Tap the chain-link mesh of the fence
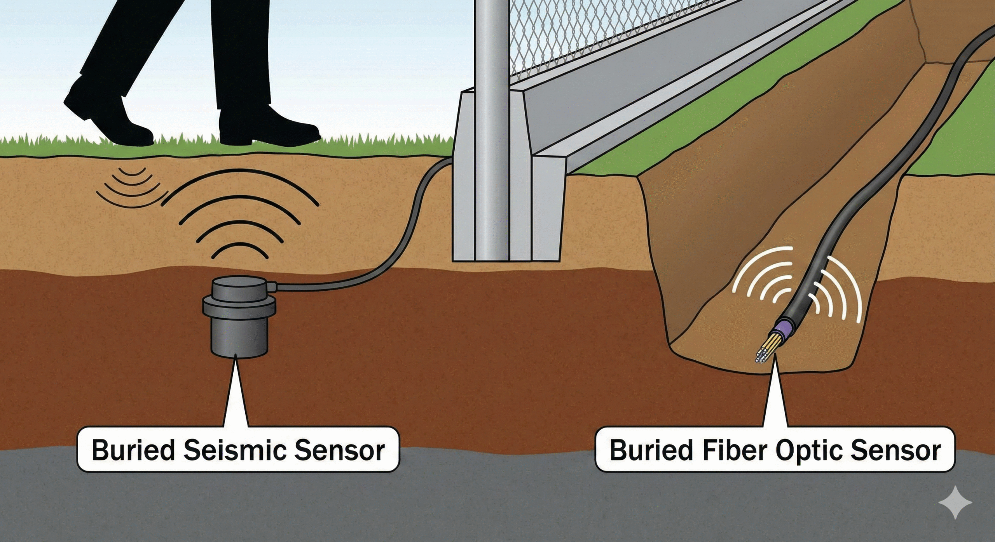tap(583, 35)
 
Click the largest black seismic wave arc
tap(241, 182)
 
